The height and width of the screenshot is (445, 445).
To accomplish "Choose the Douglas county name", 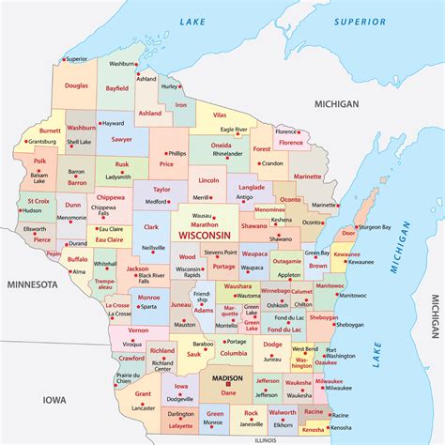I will coord(77,85).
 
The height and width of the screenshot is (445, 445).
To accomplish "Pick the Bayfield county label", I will coord(117,88).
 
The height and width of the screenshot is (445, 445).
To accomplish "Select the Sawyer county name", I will coord(120,138).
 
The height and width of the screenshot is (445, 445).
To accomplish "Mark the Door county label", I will coord(348,232).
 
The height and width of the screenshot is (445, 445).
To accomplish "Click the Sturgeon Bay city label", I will coord(374,226).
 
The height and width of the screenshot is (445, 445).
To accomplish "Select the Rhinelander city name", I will coord(227,153).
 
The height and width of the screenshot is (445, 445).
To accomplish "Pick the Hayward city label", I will coord(113,123).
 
